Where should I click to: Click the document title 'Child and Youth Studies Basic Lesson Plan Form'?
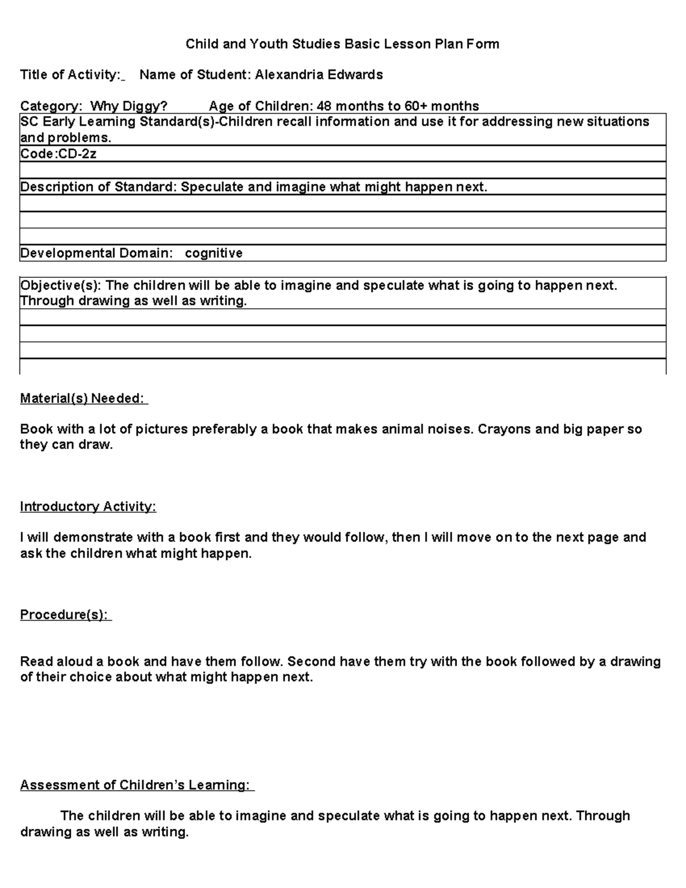pos(342,44)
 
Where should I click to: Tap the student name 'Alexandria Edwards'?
pos(318,75)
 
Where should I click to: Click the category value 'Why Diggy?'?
pos(129,106)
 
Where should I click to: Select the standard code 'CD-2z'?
pos(78,154)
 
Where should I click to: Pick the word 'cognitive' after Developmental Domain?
pos(213,253)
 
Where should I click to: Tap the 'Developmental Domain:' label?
pos(96,253)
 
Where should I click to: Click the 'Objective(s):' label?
pos(61,285)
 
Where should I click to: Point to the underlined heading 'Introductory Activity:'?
pos(87,507)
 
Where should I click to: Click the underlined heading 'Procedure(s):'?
pos(65,615)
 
